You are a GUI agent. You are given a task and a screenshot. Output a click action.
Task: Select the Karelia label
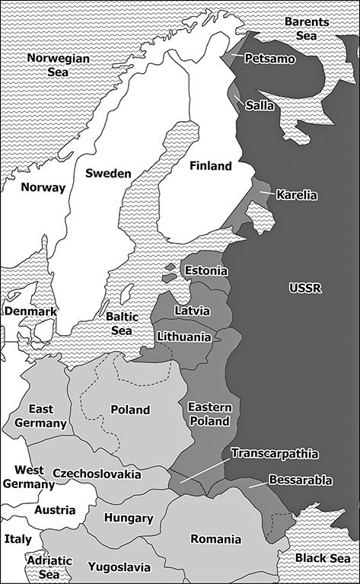tap(296, 195)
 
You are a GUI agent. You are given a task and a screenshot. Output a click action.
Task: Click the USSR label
tap(306, 287)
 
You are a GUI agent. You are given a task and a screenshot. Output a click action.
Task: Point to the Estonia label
tap(205, 271)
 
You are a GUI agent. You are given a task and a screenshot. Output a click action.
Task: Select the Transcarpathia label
tap(276, 454)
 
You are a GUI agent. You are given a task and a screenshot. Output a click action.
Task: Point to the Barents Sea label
tap(307, 29)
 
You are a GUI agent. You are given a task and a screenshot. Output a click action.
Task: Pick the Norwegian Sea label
tap(58, 65)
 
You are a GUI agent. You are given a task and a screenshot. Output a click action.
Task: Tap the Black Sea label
tap(323, 558)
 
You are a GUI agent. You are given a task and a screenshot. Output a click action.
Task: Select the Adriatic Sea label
tap(49, 567)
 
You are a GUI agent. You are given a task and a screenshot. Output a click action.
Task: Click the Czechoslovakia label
tap(97, 474)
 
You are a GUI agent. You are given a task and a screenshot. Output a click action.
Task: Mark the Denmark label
tap(30, 312)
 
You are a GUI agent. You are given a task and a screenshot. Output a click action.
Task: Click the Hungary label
tap(129, 519)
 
